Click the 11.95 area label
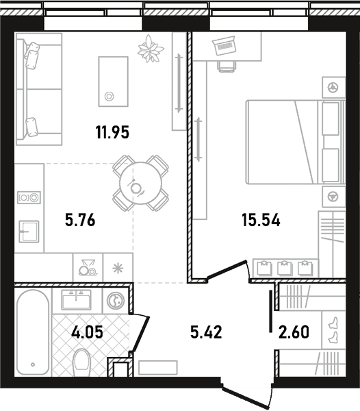coord(112,132)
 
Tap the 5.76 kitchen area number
coord(80,220)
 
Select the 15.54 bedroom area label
coord(261,220)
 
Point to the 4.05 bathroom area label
coord(87,332)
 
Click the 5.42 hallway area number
coord(206,332)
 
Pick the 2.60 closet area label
coord(294,332)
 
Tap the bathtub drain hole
coord(33,364)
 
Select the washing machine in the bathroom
coord(116,301)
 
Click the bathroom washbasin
coord(76,299)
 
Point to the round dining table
coord(140,183)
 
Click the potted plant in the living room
coord(151,49)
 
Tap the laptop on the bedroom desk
coord(224,45)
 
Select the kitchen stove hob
coord(29,197)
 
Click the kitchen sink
coord(29,232)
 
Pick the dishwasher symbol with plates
coord(88,268)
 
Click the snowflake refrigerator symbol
coord(118,269)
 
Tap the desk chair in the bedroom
coord(227,66)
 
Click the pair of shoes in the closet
coord(333,330)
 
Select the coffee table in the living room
coord(114,82)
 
